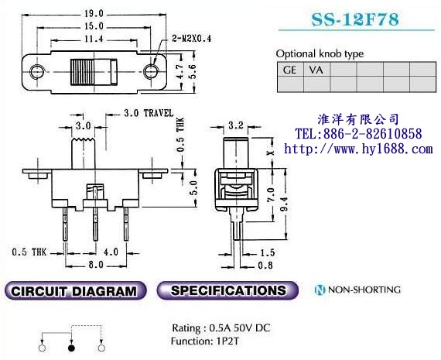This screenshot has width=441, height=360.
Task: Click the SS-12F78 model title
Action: point(355,19)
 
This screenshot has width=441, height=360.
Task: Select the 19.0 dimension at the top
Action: point(94,13)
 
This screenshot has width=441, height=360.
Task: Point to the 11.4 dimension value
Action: point(94,39)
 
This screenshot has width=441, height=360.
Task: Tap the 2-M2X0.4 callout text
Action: point(192,38)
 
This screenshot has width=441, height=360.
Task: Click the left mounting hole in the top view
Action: point(37,71)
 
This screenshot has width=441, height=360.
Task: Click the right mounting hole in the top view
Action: point(150,71)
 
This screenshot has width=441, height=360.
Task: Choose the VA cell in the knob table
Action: point(316,70)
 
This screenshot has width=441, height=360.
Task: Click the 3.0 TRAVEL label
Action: point(149,113)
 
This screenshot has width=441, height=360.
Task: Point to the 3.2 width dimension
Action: point(236,125)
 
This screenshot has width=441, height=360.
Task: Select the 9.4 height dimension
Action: point(285,204)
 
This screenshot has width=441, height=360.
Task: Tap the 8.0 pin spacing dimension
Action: point(96,265)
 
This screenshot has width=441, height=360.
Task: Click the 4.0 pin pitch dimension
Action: point(111,252)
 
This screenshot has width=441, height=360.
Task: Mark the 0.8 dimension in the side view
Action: point(265,265)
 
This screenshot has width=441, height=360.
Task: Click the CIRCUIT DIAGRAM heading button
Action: point(75,290)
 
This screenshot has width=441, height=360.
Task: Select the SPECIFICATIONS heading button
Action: point(227,290)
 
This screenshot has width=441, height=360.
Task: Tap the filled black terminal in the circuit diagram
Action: point(71,348)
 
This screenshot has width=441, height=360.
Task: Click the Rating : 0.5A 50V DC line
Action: point(221,328)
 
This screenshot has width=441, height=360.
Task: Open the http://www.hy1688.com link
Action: point(358,149)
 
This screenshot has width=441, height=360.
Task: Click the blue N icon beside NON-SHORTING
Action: point(320,290)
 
